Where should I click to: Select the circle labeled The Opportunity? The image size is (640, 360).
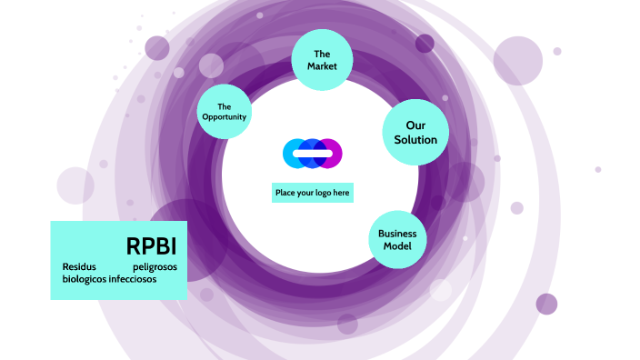[225, 111]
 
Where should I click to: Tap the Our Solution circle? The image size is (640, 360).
[415, 132]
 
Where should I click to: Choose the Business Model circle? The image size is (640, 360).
[397, 239]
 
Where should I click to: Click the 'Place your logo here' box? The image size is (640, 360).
[313, 193]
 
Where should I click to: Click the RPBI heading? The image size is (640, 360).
[151, 246]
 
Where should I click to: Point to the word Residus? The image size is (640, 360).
[79, 267]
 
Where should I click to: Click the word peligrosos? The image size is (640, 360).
[155, 267]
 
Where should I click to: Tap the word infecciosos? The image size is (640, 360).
[134, 279]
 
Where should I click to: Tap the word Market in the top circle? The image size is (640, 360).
[322, 66]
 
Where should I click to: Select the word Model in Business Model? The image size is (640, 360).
[397, 246]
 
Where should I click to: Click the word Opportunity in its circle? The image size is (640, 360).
[225, 117]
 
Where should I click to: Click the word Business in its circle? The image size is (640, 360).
[397, 233]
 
